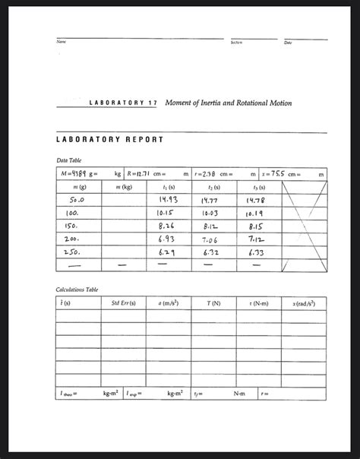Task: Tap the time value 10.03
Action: tap(213, 217)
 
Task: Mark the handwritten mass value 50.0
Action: tap(72, 199)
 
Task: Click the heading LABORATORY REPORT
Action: tap(111, 141)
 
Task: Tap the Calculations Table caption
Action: tap(75, 290)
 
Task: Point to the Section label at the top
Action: tap(236, 43)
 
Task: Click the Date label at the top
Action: tap(288, 43)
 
